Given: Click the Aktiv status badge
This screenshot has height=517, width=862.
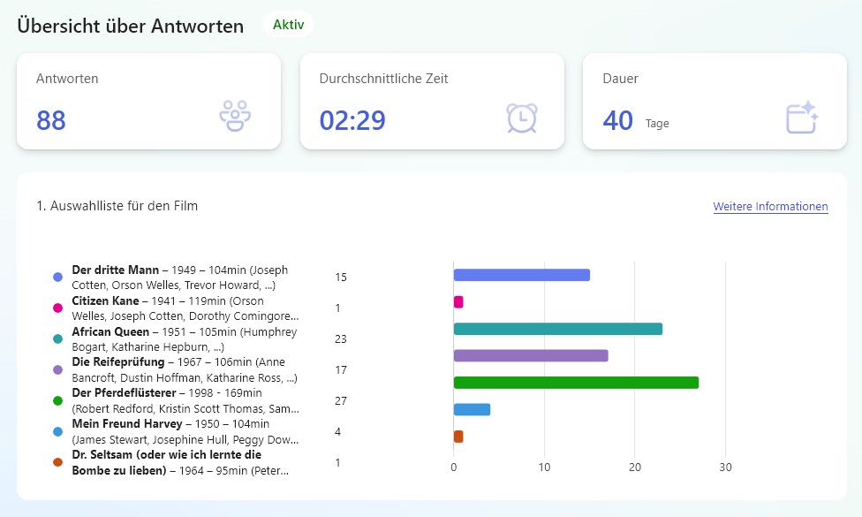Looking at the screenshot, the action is [288, 25].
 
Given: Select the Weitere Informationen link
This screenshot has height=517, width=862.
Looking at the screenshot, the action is [770, 206].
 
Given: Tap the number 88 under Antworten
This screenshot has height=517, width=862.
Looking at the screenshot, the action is [51, 120].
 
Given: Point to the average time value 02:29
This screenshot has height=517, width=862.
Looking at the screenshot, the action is [352, 120].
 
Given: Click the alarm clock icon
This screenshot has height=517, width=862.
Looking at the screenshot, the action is [522, 118].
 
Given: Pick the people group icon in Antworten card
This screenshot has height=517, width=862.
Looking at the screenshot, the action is [235, 116].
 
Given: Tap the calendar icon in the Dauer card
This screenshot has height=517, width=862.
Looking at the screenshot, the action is [802, 118].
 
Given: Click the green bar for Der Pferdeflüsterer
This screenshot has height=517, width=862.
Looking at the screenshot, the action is [576, 383].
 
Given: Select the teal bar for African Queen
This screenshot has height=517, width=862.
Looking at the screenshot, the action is [558, 329].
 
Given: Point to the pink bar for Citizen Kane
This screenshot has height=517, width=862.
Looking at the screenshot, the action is [458, 302].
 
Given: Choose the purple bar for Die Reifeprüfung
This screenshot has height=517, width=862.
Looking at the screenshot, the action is [531, 356].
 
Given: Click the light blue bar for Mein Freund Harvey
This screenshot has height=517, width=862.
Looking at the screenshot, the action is [472, 409].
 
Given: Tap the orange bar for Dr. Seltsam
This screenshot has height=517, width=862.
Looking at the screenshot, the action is [458, 437].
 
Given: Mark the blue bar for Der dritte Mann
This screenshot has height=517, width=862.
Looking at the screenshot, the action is [522, 275].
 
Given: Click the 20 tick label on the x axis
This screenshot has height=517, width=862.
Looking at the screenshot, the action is [634, 467].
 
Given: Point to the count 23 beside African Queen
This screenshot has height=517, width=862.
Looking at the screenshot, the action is [341, 338].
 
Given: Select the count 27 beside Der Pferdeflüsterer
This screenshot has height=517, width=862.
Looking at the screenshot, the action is [341, 401].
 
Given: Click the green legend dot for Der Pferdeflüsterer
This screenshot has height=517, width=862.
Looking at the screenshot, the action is [57, 400].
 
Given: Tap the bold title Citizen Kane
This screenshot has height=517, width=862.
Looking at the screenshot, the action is [106, 300].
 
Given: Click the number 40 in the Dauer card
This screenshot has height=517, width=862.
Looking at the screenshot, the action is [618, 120].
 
